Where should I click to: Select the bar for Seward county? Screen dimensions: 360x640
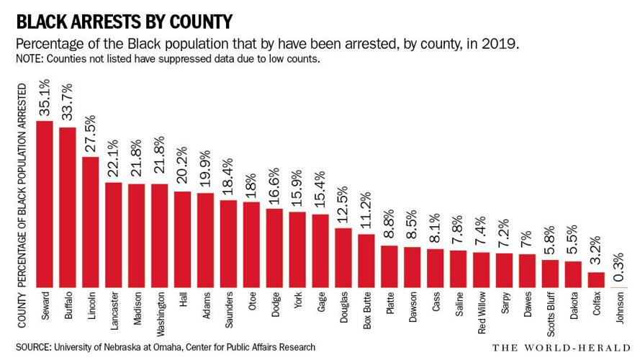coord(45,204)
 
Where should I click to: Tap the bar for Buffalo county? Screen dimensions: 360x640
coord(68,208)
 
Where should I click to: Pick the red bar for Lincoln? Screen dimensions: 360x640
coord(91,222)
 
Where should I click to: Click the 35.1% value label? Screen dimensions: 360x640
coord(45,100)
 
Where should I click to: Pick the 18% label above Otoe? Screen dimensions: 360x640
coord(252,186)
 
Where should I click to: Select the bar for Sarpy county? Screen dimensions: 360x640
coord(505,271)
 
